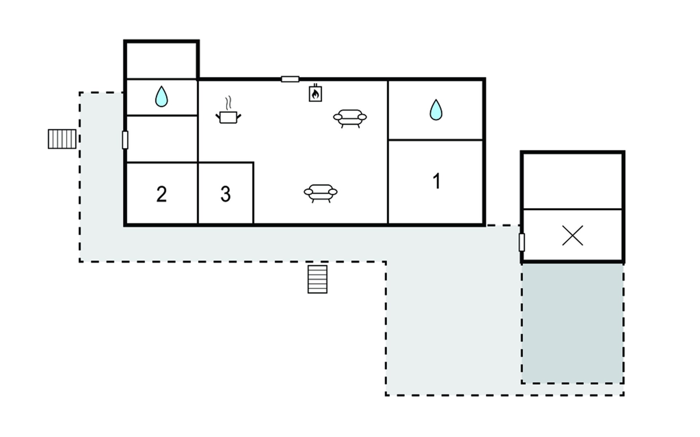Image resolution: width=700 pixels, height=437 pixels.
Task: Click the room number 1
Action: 436,181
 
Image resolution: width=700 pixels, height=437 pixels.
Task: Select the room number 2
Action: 162,194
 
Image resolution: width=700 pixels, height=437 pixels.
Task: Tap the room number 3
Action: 226,194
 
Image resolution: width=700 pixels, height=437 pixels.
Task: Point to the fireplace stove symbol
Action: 315,93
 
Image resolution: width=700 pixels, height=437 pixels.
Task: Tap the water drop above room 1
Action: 436,110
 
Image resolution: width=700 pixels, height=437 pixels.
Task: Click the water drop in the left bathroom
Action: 162,97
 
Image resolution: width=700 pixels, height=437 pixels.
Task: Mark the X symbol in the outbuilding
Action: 573,236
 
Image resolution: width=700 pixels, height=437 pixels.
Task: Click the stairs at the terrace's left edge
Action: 62,139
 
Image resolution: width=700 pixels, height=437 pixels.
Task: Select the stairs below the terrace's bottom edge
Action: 318,279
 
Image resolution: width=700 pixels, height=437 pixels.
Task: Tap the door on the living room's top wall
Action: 290,79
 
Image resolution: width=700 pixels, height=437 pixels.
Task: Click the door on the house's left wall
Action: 125,140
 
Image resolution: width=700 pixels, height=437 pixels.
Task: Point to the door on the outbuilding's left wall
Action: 522,243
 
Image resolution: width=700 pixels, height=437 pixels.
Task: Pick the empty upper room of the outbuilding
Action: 573,181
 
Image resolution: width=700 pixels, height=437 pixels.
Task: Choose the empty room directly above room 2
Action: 162,139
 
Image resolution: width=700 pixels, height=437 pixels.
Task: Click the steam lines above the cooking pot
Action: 228,103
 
